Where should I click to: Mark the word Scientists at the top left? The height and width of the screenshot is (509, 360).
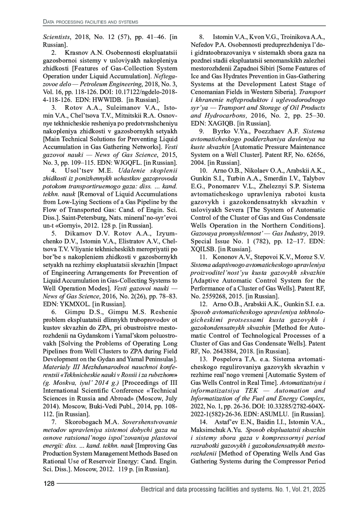[57, 37]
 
